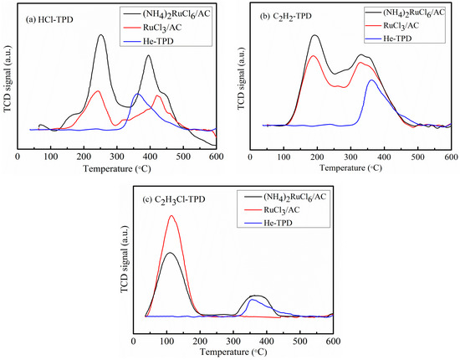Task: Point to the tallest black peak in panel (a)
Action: click(100, 35)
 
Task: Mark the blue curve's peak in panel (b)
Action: click(371, 80)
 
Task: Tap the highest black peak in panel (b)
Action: click(314, 36)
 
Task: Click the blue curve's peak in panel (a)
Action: click(137, 94)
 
